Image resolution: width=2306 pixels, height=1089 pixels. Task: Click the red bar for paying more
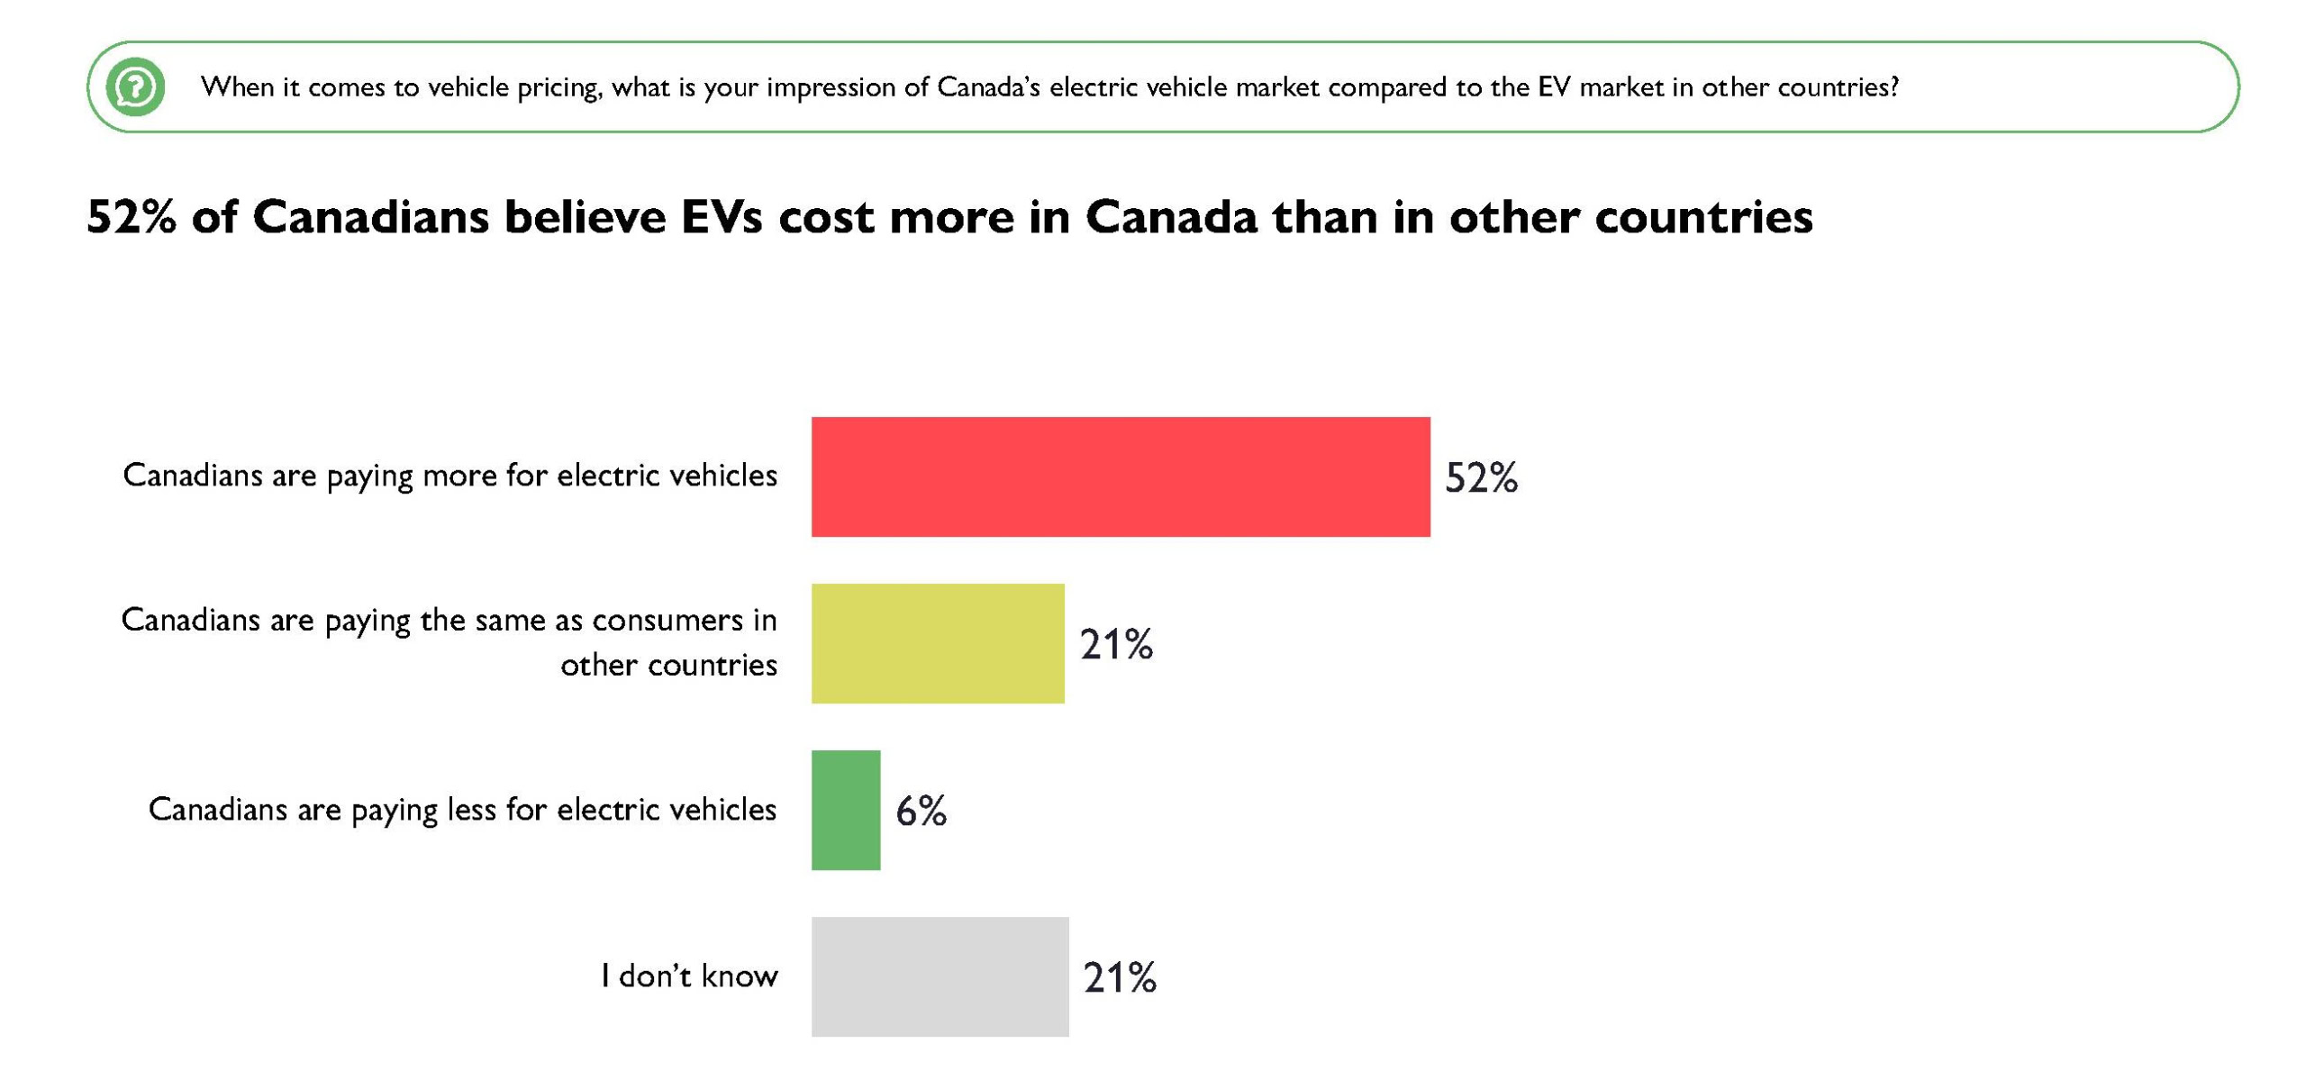point(1120,476)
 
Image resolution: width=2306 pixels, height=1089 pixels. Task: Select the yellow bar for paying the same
point(937,643)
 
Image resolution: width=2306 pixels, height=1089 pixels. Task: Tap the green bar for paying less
point(845,810)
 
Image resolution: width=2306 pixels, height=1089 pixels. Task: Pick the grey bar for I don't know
point(940,976)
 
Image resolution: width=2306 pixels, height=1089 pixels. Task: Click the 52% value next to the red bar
point(1481,477)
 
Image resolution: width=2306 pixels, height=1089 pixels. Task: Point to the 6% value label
point(921,812)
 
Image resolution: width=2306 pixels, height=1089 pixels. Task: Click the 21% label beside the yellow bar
point(1116,645)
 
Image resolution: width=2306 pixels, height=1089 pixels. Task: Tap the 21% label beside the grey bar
point(1120,977)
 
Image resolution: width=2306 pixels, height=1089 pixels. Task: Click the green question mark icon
point(135,87)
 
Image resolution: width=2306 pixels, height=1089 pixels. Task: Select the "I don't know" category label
point(689,976)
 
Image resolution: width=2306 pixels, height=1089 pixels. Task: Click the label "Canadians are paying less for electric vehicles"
point(462,809)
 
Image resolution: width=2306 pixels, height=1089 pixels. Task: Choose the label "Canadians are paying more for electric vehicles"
point(449,475)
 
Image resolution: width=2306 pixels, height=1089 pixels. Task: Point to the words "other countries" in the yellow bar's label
point(668,665)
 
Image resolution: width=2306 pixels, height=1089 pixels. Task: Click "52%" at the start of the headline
point(132,217)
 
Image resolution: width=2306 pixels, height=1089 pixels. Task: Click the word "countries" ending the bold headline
point(1703,217)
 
